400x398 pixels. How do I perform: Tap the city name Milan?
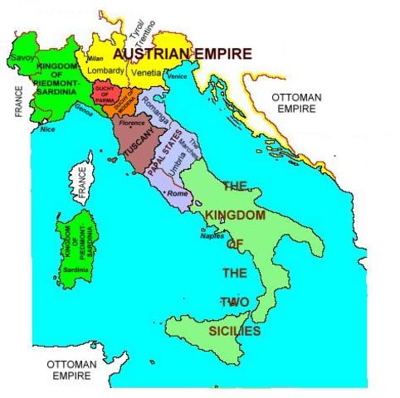coord(95,59)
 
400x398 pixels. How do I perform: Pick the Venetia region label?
coord(146,72)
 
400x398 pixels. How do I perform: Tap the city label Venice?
coord(177,76)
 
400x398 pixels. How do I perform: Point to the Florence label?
coord(133,123)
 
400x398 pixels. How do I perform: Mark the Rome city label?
coord(176,193)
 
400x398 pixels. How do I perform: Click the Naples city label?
coord(212,235)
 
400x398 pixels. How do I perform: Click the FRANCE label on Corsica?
coord(81,183)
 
